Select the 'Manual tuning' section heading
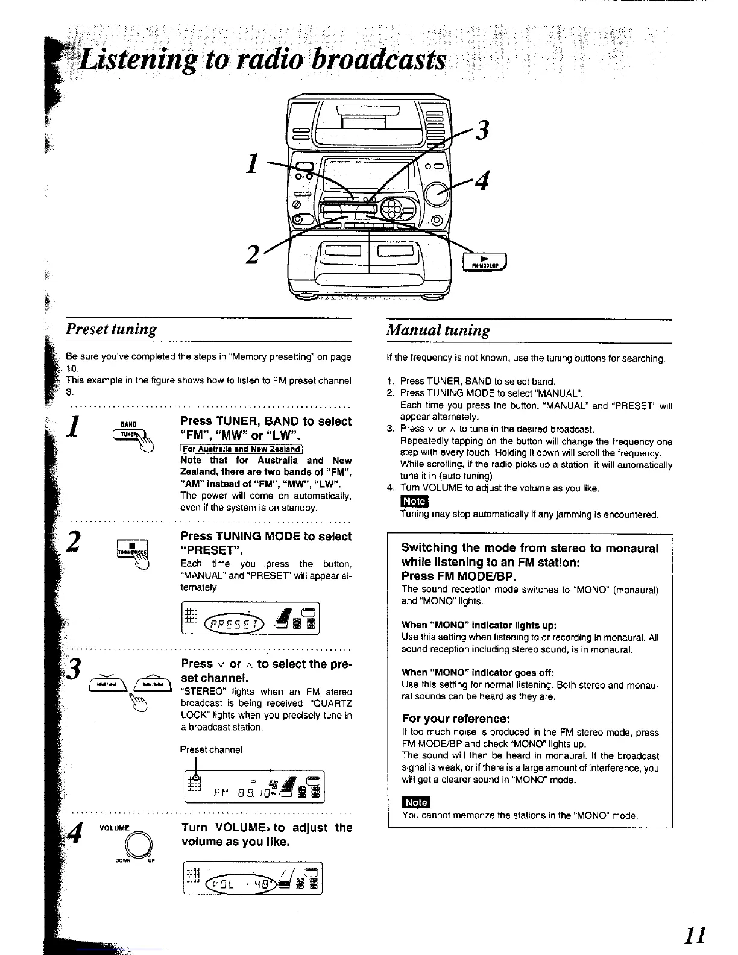click(x=438, y=330)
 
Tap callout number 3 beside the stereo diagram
click(x=482, y=130)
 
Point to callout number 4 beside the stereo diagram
click(x=482, y=179)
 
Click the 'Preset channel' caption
click(x=211, y=749)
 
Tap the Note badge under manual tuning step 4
click(x=414, y=502)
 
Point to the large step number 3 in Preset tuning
click(x=74, y=669)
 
